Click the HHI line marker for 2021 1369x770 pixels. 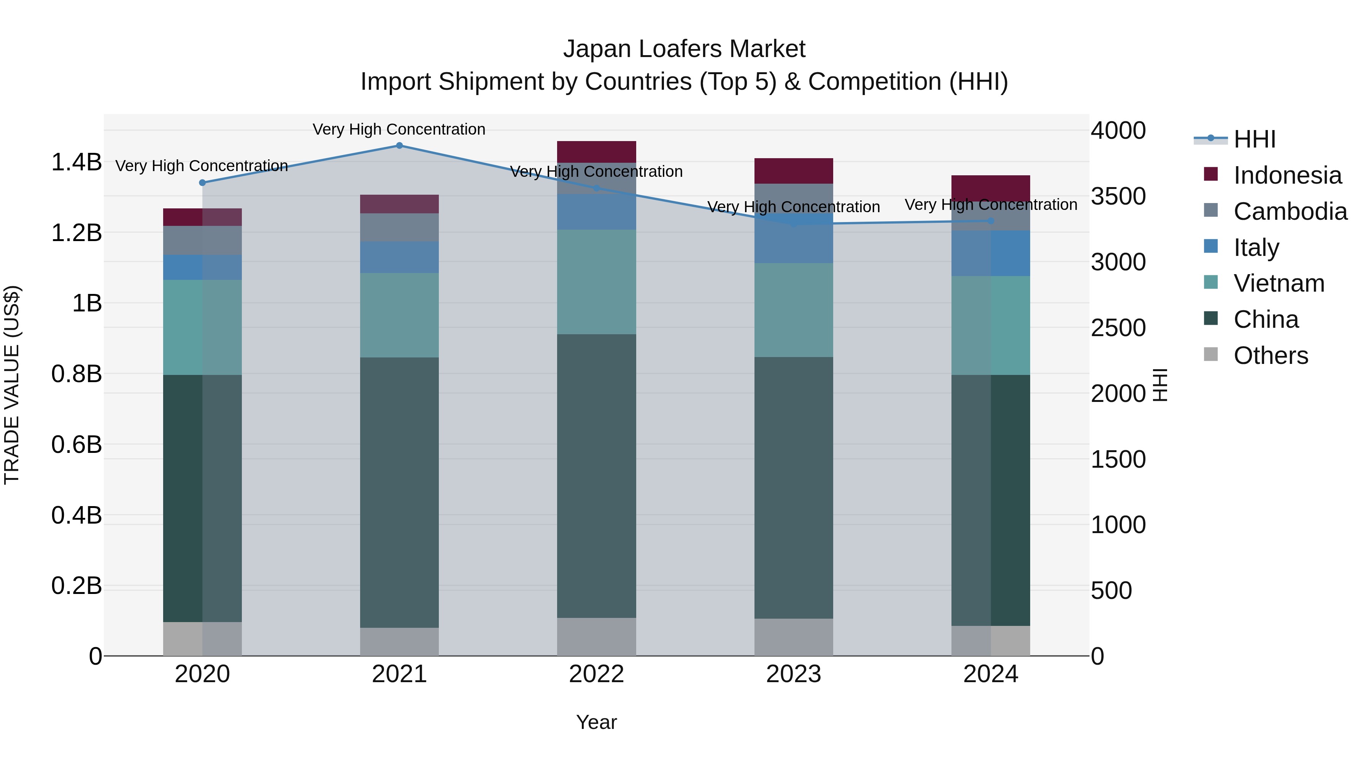(x=399, y=146)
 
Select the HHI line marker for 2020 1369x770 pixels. (x=202, y=183)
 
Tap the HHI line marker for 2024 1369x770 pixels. (x=991, y=221)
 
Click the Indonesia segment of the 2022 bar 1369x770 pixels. (x=596, y=152)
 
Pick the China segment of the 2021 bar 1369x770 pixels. (x=399, y=492)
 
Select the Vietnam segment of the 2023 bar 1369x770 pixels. (x=793, y=310)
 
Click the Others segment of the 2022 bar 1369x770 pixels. (x=596, y=637)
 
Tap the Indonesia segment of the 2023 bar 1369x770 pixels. (x=793, y=171)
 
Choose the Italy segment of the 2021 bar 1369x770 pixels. (x=399, y=257)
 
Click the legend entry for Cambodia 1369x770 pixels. (x=1290, y=211)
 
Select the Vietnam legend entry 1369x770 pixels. (x=1278, y=283)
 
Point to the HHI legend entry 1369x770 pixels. (x=1254, y=139)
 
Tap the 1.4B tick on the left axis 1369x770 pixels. (x=76, y=162)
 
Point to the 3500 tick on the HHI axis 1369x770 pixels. (x=1118, y=196)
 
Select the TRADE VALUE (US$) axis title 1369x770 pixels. (x=12, y=385)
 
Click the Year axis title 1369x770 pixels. (x=596, y=722)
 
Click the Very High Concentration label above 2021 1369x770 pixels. (x=399, y=129)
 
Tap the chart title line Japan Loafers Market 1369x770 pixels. (x=684, y=49)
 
